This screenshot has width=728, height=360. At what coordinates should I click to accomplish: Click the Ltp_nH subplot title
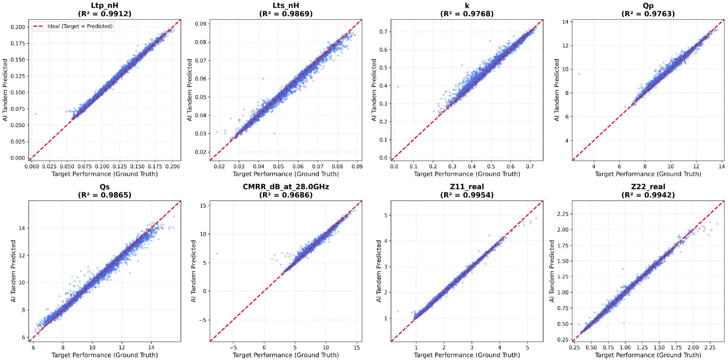point(105,5)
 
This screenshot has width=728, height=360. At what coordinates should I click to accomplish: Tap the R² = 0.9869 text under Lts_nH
point(285,14)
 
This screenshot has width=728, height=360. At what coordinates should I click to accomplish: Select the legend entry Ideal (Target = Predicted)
point(80,26)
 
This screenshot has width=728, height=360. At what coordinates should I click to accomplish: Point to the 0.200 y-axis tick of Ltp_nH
point(18,27)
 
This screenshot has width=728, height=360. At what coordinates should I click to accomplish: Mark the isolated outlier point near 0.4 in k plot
point(398,87)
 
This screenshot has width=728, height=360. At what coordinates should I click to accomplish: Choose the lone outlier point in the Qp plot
point(579,74)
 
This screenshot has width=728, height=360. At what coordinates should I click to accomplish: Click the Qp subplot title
point(648,5)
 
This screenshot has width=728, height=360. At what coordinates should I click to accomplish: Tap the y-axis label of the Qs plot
point(13,271)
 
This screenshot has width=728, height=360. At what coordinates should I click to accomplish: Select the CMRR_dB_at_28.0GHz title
point(285,186)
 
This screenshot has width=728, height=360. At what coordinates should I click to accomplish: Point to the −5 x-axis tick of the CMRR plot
point(233,347)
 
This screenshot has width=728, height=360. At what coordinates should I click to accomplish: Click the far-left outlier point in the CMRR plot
point(217,254)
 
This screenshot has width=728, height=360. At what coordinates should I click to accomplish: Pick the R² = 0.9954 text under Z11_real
point(467,195)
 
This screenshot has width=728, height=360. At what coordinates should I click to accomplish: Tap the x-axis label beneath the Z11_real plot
point(467,355)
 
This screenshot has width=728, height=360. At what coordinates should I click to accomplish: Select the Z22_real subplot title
point(648,186)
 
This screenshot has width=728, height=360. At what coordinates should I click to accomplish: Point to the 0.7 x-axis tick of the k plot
point(530,167)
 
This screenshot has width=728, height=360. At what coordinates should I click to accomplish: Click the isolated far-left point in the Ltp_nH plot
point(35,114)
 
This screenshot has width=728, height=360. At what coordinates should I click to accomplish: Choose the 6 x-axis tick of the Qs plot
point(34,347)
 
